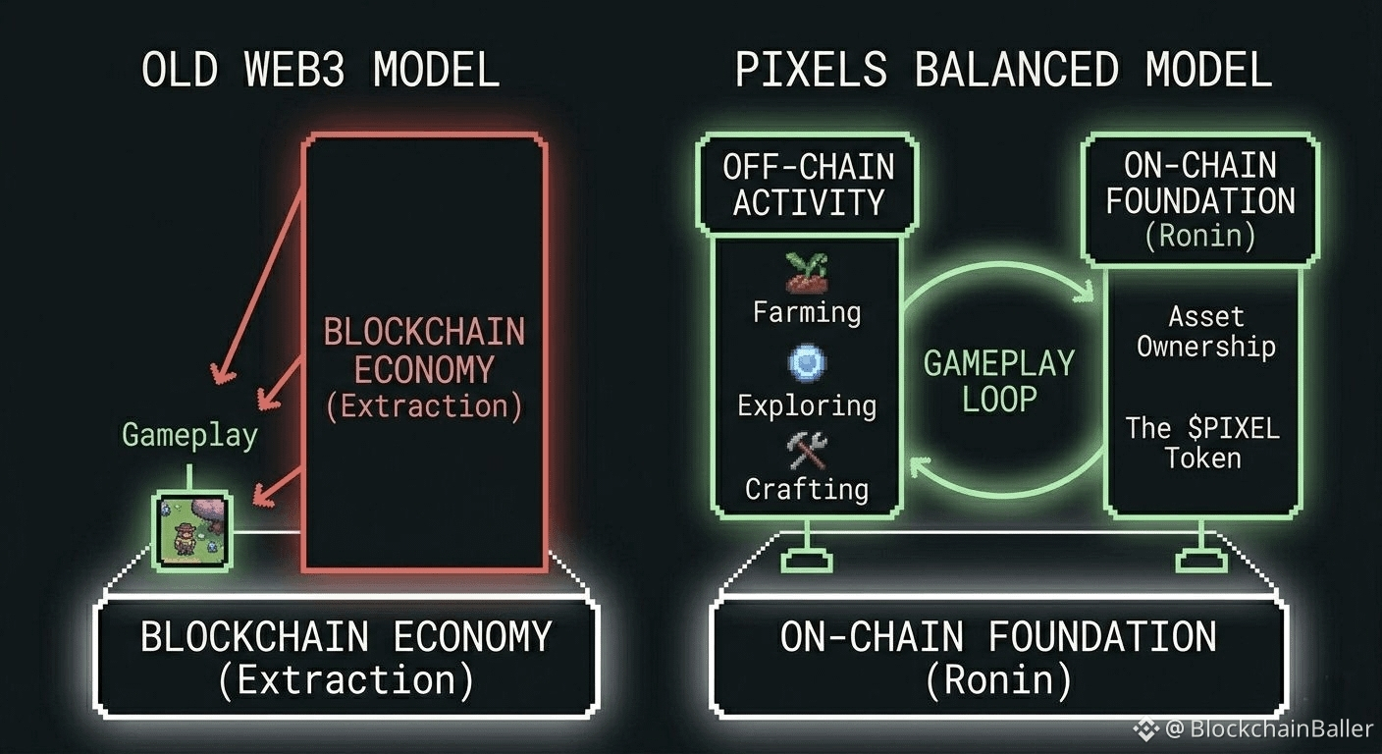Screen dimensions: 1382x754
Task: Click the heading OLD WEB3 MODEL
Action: (x=320, y=71)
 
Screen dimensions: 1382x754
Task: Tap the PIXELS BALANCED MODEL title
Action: (x=1003, y=71)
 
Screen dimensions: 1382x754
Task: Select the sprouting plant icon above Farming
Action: (x=807, y=272)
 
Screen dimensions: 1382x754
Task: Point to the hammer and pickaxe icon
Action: (x=807, y=451)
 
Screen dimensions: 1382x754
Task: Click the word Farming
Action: (x=807, y=312)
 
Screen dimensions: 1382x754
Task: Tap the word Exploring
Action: (x=807, y=404)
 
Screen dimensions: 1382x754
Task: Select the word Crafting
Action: (x=807, y=488)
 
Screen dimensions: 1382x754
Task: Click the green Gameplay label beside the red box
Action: (x=189, y=435)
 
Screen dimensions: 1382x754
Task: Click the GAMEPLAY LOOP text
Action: (x=999, y=381)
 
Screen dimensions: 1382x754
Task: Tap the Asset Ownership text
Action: (x=1205, y=332)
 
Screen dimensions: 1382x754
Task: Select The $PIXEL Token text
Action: (x=1202, y=443)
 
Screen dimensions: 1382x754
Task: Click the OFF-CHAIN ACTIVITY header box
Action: (x=808, y=185)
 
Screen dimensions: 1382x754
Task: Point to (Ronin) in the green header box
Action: (x=1200, y=237)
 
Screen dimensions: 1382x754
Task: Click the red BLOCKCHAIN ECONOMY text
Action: (x=424, y=350)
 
